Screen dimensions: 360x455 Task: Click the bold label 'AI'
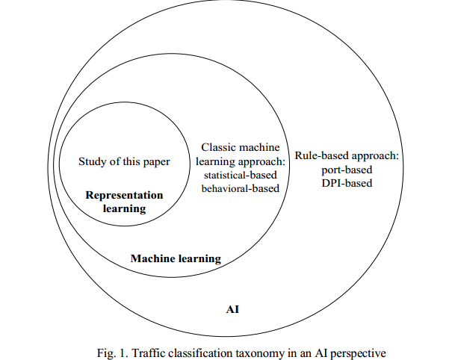point(232,308)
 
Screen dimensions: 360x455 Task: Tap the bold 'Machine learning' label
point(176,258)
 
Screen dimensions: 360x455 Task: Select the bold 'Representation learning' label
point(124,202)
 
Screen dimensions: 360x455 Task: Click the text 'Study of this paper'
point(124,161)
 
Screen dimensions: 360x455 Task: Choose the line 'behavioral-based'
point(240,188)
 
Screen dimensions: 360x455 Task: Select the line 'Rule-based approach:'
point(347,156)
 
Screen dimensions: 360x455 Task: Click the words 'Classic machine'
point(238,148)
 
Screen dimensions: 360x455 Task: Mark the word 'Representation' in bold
point(124,195)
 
